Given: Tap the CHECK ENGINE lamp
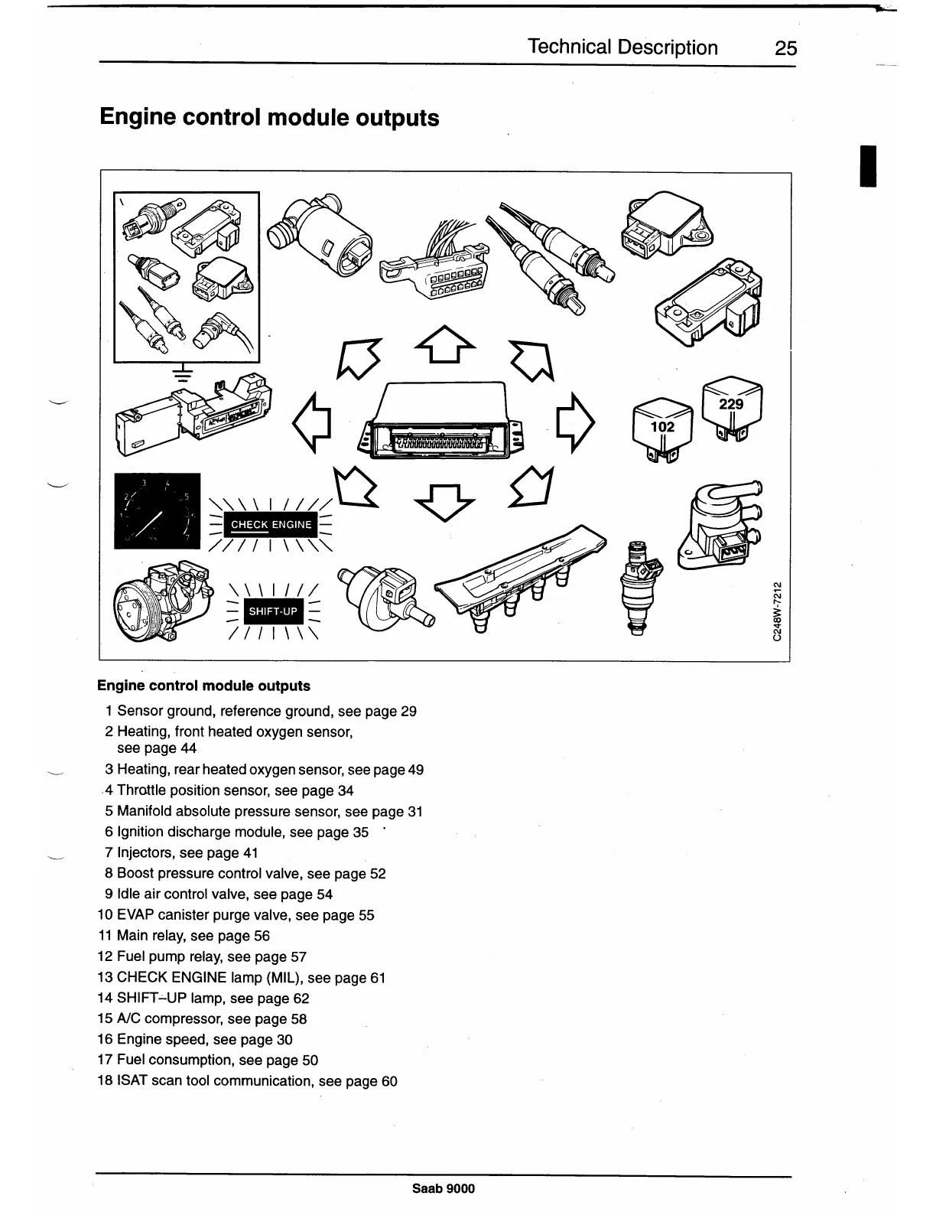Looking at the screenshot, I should pyautogui.click(x=271, y=525).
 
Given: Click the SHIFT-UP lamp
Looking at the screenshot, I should pyautogui.click(x=273, y=611).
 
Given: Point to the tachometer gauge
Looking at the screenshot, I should pyautogui.click(x=157, y=511).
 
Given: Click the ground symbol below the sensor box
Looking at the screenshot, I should pyautogui.click(x=182, y=373).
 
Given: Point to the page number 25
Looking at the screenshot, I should pyautogui.click(x=785, y=48).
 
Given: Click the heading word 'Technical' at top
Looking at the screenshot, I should pyautogui.click(x=569, y=47).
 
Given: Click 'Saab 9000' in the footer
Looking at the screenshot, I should pyautogui.click(x=444, y=1188).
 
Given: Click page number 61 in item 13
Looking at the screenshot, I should pyautogui.click(x=378, y=978).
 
